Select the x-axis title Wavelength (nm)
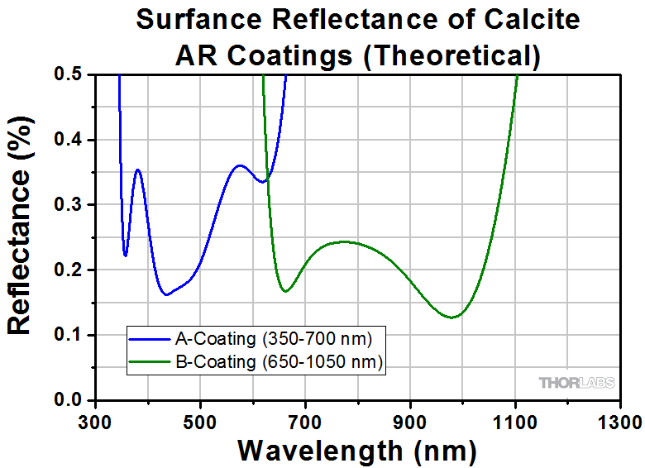click(357, 451)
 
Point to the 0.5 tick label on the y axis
click(69, 74)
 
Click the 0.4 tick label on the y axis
click(69, 140)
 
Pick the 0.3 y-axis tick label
click(69, 205)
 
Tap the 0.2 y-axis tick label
click(69, 270)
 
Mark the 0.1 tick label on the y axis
click(69, 335)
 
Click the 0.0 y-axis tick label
click(69, 400)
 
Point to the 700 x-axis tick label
click(306, 422)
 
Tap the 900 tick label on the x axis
click(411, 422)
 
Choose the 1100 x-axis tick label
click(516, 422)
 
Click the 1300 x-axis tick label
click(620, 422)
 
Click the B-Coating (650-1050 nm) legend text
click(279, 361)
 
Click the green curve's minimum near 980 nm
click(452, 317)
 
